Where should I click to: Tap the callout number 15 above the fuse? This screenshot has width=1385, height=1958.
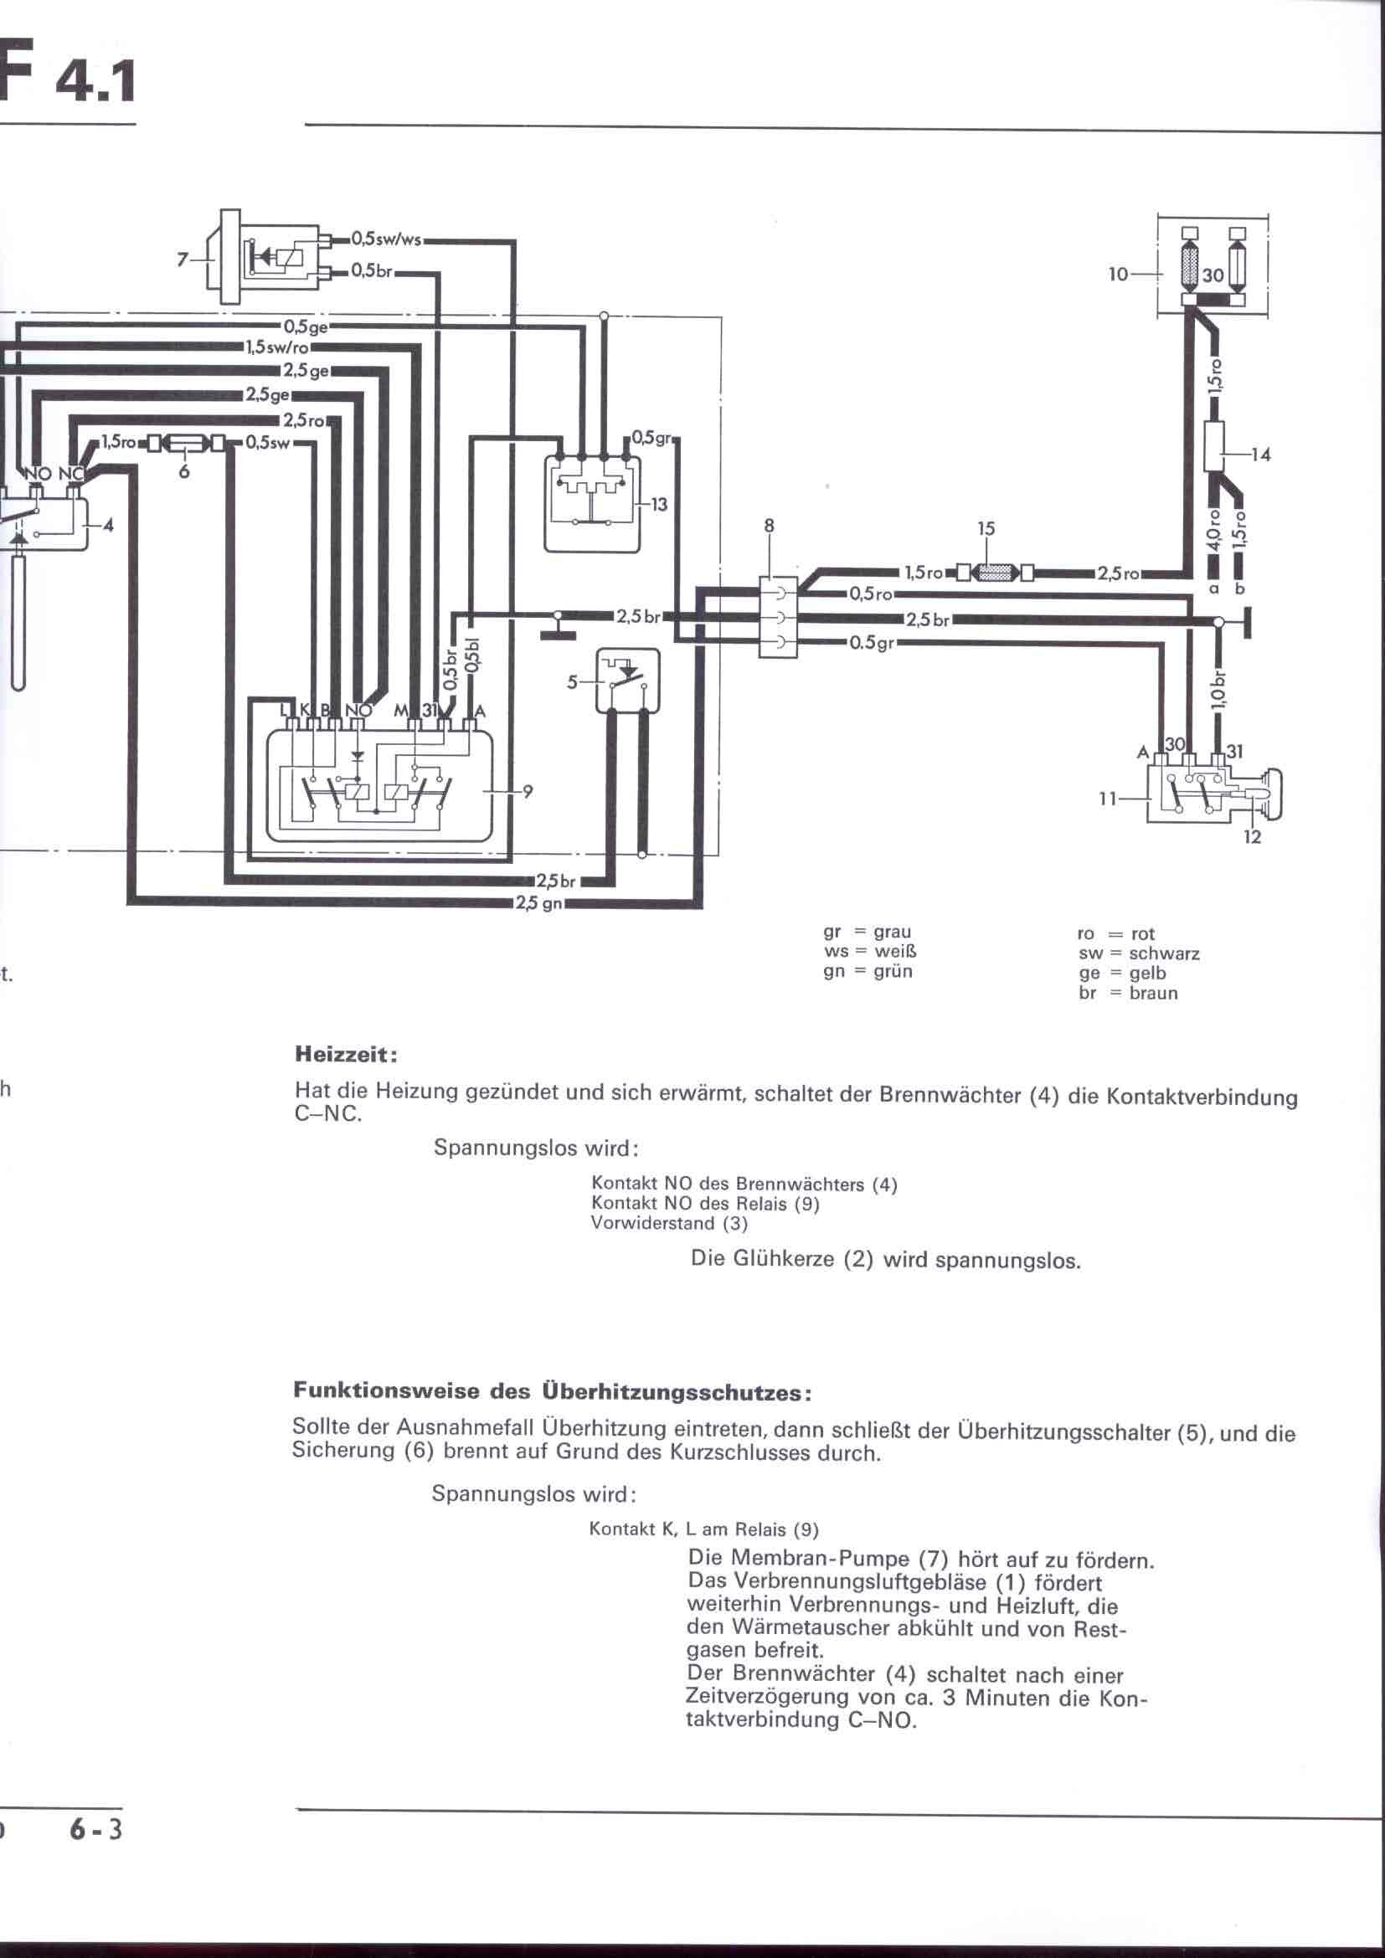pos(986,529)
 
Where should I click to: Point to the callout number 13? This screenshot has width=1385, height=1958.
pos(658,505)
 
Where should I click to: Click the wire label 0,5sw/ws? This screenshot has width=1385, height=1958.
pos(386,240)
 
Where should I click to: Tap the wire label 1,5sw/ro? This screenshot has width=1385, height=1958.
pos(277,348)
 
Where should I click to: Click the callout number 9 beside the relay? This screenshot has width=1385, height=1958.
pos(528,791)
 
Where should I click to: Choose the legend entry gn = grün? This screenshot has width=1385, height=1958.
pos(868,971)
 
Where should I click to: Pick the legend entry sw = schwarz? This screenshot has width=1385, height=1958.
pos(1139,953)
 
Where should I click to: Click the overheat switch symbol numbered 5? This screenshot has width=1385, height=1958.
pos(628,681)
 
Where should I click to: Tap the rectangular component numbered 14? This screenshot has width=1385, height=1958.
pos(1213,446)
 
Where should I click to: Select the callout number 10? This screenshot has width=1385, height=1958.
pos(1118,275)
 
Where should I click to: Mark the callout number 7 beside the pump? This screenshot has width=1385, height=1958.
pos(182,260)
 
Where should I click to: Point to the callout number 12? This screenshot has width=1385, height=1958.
pos(1251,837)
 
